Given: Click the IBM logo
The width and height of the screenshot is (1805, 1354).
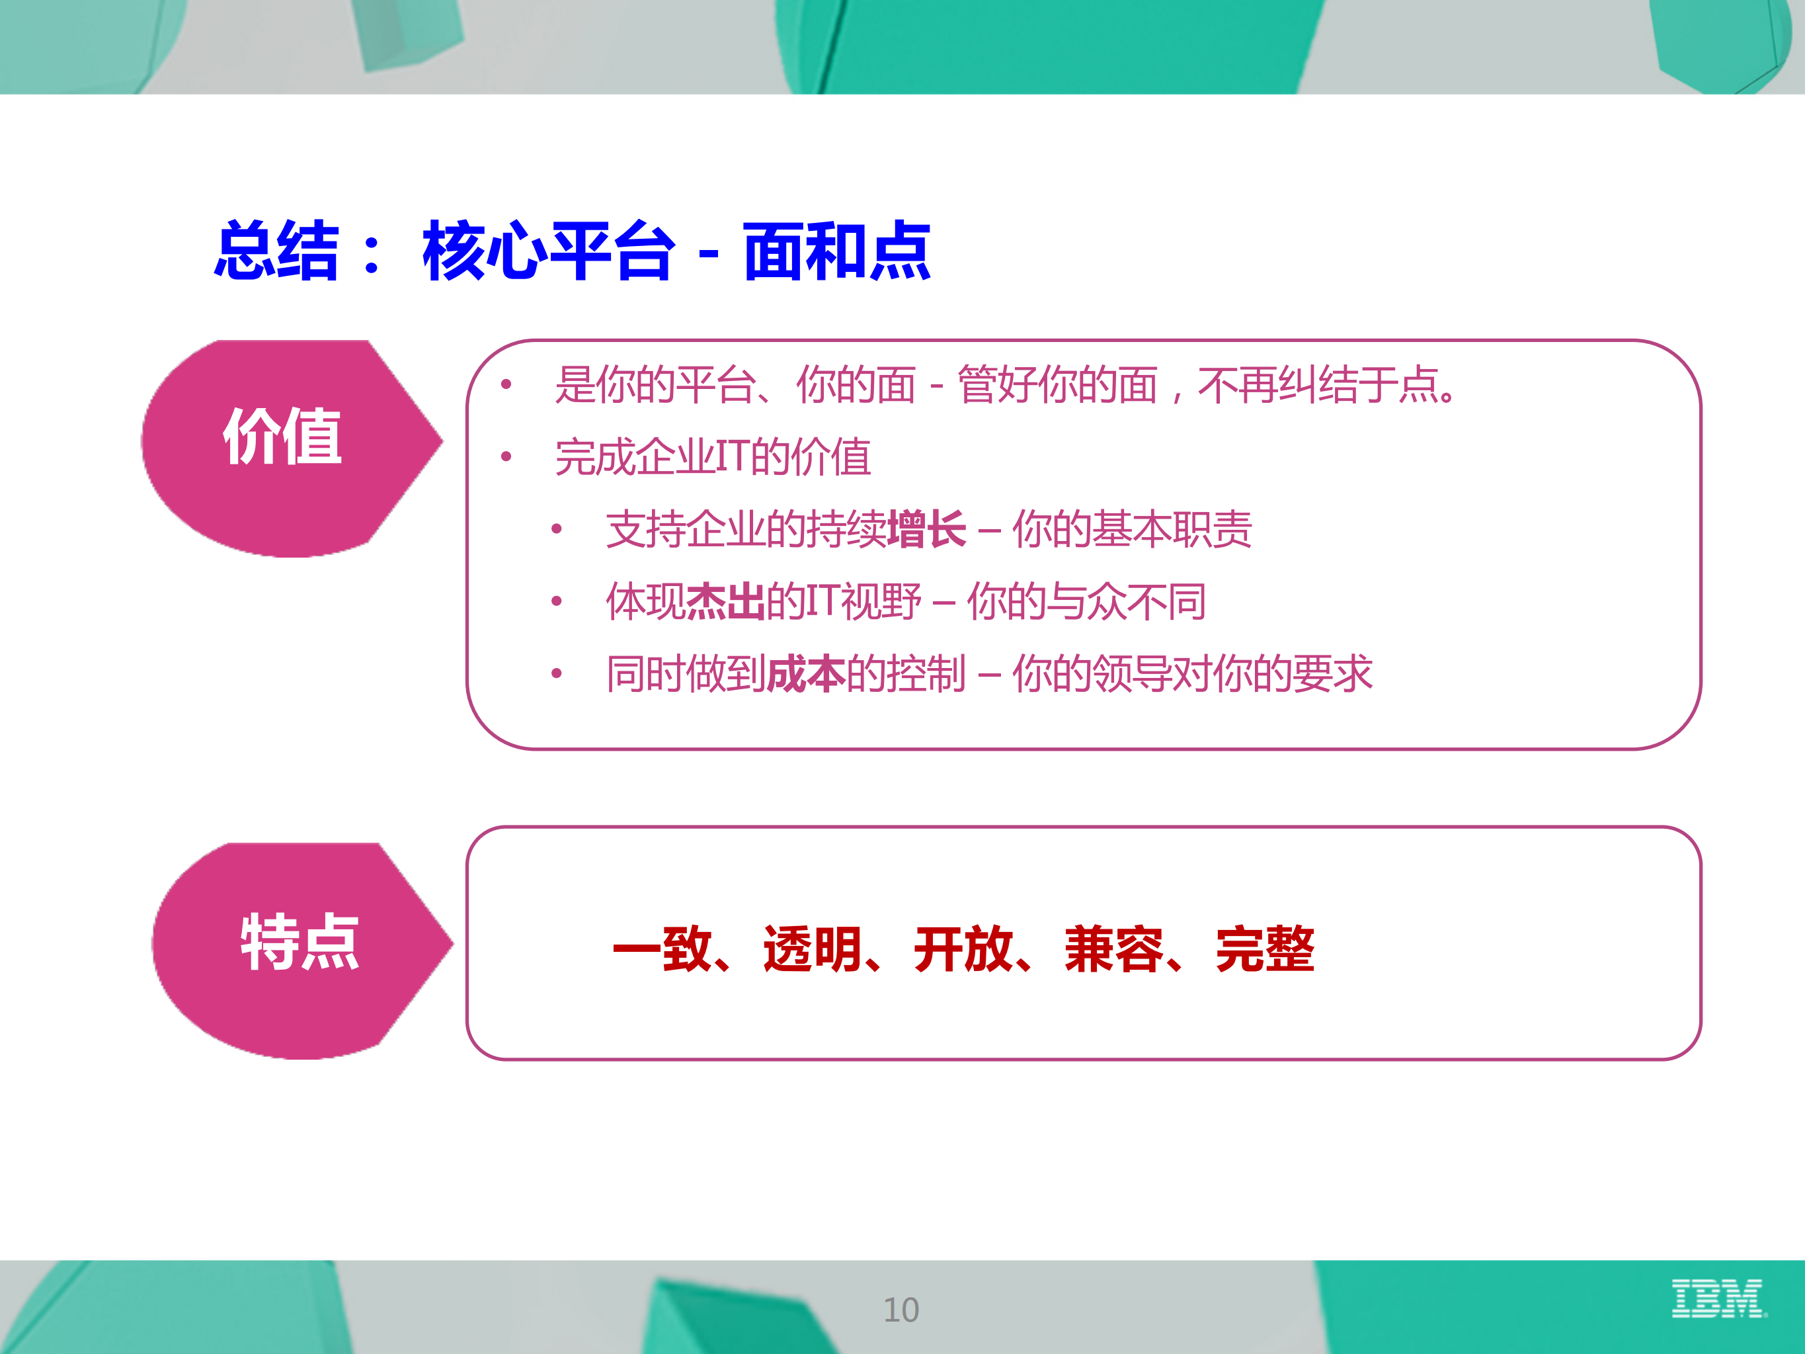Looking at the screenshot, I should click(1717, 1298).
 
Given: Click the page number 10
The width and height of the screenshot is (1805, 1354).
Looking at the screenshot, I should click(901, 1310).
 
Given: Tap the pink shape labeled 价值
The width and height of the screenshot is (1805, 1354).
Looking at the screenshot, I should click(282, 441).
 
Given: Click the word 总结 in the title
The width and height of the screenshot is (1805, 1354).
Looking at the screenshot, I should click(276, 251).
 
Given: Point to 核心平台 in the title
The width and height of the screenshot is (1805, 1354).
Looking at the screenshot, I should click(548, 251).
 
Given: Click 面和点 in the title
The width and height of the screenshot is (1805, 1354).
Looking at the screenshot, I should click(836, 251).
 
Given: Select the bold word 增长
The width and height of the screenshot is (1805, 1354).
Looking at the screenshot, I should click(926, 529).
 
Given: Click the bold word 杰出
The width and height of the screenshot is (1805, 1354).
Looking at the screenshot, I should click(725, 601).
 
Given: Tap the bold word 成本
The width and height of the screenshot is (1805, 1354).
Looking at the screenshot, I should click(805, 674).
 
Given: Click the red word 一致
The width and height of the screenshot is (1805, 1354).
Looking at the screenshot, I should click(662, 949).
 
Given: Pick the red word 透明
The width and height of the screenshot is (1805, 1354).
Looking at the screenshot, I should click(812, 949).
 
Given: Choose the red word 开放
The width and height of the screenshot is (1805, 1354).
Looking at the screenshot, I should click(963, 949).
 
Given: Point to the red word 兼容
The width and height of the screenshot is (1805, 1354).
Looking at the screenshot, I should click(1114, 949).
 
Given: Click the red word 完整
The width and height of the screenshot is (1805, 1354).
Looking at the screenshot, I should click(1265, 949).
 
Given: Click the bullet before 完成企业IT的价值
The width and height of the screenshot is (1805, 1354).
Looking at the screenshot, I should click(506, 456).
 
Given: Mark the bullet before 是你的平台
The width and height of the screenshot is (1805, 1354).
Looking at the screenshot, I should click(506, 384).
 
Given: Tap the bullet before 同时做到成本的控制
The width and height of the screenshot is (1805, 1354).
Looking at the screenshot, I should click(557, 673).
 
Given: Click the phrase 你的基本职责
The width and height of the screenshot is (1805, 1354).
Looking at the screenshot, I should click(1132, 529).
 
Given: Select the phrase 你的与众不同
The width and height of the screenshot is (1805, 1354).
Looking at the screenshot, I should click(1086, 601).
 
